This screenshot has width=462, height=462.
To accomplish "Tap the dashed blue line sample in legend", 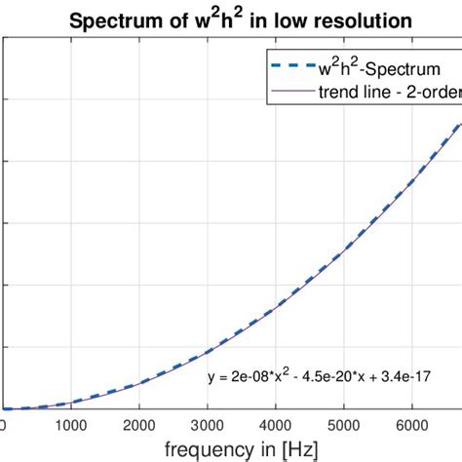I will pos(287,70).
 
